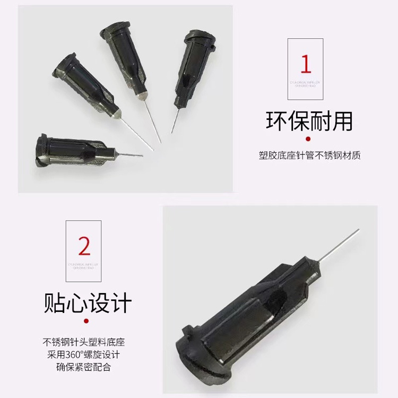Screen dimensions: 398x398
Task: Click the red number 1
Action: pyautogui.click(x=306, y=64)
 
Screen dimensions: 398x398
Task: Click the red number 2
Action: pyautogui.click(x=84, y=246)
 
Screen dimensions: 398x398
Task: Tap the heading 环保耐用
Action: pyautogui.click(x=309, y=121)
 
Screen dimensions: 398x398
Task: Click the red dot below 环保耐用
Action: pyautogui.click(x=310, y=140)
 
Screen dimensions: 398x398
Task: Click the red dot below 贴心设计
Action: pyautogui.click(x=87, y=321)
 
